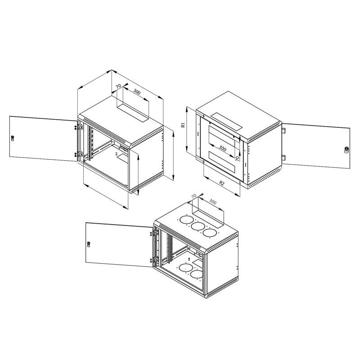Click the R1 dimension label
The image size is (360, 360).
pos(184,126)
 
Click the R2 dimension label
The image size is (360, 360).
pos(222,183)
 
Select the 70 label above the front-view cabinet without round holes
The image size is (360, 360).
pos(118,85)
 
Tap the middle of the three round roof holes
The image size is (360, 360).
pos(197,226)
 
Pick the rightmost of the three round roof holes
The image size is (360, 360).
pos(209,232)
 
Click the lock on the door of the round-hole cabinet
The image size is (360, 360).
pos(89,244)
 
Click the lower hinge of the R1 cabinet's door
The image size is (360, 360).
pos(284,157)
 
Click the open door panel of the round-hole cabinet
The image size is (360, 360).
pos(117,243)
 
